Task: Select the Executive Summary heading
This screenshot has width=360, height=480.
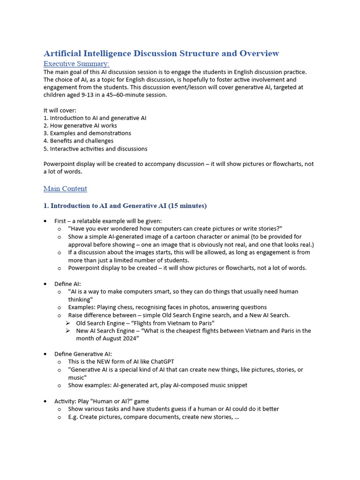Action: [76, 64]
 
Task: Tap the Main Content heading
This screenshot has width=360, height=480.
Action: [65, 189]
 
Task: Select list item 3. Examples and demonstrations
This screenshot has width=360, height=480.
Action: [87, 133]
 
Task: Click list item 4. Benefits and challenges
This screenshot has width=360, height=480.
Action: [78, 141]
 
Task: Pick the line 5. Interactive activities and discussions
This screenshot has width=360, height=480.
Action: [95, 149]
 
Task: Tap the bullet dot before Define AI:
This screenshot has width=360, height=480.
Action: [45, 284]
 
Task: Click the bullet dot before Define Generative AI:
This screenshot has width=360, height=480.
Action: [45, 354]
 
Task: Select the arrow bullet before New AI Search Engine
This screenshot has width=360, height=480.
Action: [68, 331]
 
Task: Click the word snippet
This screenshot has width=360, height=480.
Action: [235, 385]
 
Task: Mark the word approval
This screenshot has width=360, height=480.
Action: [81, 245]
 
